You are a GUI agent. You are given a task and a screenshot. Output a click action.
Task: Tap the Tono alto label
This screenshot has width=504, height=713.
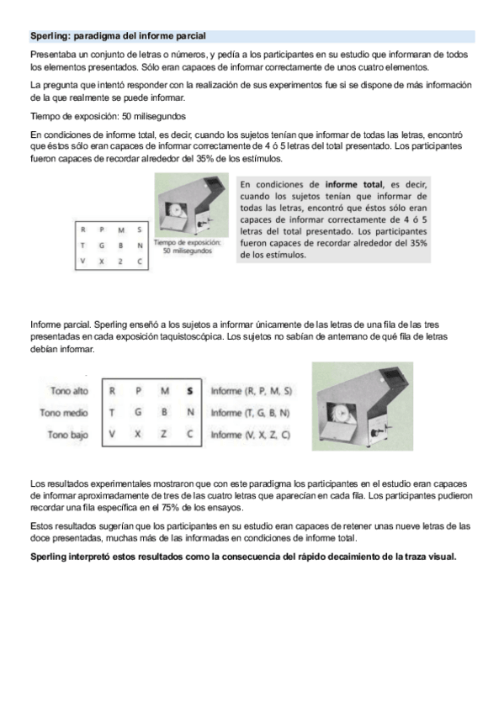tap(70, 391)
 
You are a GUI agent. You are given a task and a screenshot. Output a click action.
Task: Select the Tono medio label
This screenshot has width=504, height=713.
tap(64, 413)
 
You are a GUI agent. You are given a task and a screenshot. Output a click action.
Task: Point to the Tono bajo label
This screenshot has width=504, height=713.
tap(68, 435)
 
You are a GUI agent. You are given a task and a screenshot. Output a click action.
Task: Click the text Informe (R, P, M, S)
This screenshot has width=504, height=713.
tap(251, 391)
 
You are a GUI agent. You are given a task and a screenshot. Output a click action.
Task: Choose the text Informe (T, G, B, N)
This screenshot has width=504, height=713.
tap(250, 413)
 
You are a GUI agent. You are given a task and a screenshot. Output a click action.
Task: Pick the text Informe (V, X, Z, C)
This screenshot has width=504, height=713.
tap(250, 435)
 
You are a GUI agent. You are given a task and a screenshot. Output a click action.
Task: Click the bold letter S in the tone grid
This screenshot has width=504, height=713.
tap(190, 391)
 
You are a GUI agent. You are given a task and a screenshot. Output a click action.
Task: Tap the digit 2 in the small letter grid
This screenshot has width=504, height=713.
tap(120, 261)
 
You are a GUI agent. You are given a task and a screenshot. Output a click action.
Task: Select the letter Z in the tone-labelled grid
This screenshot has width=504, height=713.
tap(164, 434)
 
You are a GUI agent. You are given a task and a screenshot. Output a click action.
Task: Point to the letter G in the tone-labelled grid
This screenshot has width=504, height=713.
tap(138, 413)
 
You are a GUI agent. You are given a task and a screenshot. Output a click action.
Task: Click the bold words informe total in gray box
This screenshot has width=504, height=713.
tap(354, 185)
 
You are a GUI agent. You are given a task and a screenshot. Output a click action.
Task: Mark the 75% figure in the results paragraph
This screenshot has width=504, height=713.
tap(169, 508)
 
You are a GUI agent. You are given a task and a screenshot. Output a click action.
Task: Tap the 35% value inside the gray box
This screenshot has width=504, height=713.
tap(418, 243)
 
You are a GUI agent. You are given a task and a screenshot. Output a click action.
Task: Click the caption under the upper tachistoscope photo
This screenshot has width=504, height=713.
tap(188, 246)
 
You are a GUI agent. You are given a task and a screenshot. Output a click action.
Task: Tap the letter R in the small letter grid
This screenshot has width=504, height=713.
tap(82, 230)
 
